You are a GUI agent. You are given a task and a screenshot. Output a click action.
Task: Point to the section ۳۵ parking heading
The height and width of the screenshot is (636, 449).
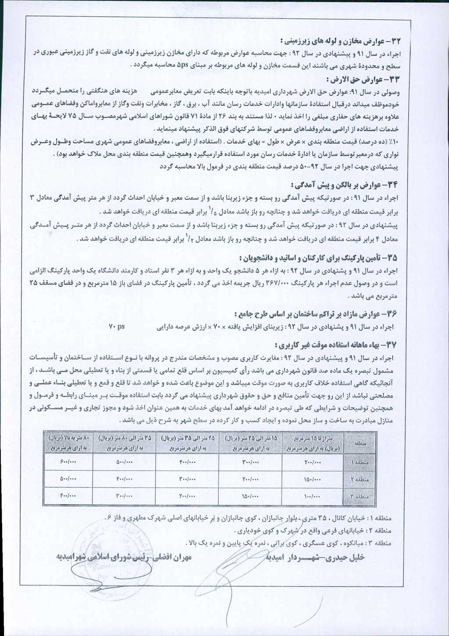tap(320, 257)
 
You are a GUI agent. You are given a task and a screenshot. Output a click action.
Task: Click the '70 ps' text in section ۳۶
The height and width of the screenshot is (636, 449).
tap(117, 327)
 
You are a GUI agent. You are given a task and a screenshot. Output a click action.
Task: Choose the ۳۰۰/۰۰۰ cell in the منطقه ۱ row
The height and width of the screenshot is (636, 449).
tap(250, 463)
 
